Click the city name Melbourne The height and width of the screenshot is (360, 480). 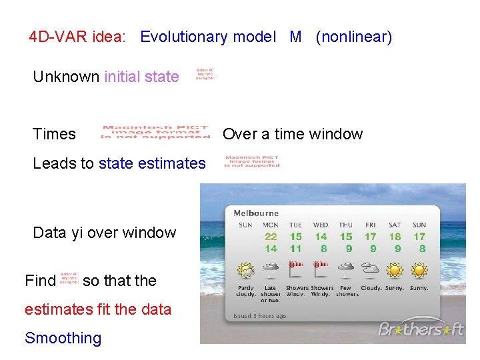click(256, 213)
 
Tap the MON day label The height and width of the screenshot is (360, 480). click(271, 225)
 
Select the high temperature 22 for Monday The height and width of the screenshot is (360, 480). click(271, 237)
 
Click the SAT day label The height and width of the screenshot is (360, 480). click(395, 225)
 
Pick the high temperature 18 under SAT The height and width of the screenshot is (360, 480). click(395, 237)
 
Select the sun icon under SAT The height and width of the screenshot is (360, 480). click(395, 270)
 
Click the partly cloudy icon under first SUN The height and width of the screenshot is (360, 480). click(246, 271)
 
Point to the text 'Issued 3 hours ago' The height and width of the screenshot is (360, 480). click(259, 315)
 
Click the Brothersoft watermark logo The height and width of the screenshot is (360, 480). click(421, 329)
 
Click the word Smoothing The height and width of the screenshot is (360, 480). click(63, 338)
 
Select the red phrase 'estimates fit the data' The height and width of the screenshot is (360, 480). click(98, 309)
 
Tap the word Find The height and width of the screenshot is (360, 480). click(40, 281)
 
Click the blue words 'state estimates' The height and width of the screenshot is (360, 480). click(152, 163)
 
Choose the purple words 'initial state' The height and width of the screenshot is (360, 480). click(141, 77)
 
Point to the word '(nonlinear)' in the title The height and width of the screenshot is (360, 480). click(353, 37)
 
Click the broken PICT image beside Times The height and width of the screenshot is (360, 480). click(155, 132)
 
